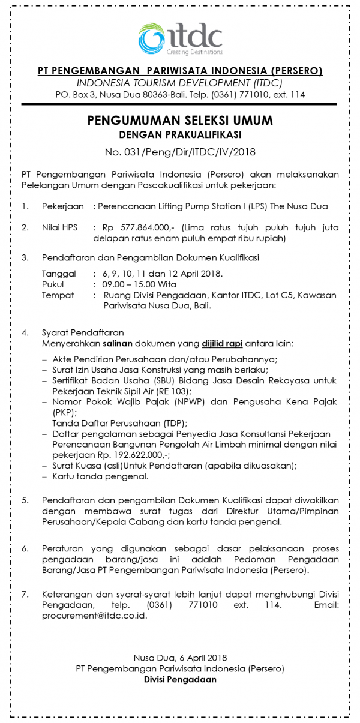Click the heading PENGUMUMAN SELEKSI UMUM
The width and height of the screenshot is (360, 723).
coord(180,121)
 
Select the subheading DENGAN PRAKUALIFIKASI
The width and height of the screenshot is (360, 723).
coord(180,134)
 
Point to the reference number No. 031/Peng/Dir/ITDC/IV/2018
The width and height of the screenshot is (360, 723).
coord(180,152)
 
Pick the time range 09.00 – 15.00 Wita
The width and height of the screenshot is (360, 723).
coord(139,284)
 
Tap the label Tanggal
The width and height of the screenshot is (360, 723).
coord(59,274)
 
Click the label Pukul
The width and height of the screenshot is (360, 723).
coord(53,284)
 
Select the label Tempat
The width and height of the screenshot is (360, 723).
coord(58,295)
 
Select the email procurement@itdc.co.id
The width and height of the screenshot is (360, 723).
coord(94,616)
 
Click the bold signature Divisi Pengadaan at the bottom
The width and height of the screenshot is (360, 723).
coord(180,679)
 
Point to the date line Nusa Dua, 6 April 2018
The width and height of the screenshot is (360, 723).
coord(180,658)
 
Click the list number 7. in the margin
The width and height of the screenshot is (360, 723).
coord(25,594)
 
